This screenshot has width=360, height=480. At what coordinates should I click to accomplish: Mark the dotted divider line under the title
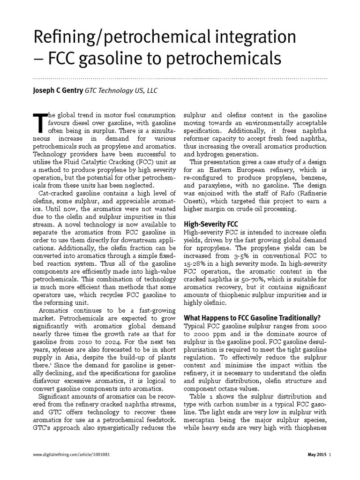tap(180, 77)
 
